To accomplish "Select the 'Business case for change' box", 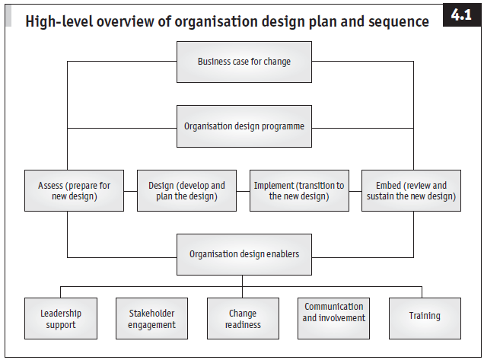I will point(244,62).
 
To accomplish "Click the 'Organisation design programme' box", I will point(244,126).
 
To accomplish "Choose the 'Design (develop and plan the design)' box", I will point(186,190).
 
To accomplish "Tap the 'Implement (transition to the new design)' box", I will point(299,190).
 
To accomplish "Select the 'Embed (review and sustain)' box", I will point(411,190).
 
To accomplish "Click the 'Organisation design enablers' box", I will point(244,254).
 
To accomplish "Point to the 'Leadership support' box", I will point(61,318).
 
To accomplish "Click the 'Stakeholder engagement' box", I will point(152,318).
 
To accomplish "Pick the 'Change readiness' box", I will point(244,318).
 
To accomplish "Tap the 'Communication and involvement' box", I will point(333,318).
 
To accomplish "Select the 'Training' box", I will point(424,318).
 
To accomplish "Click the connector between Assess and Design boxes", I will point(129,190).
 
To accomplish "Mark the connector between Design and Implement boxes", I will point(242,190).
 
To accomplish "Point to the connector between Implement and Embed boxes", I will point(355,190).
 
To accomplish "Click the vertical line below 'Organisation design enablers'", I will point(244,281).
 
